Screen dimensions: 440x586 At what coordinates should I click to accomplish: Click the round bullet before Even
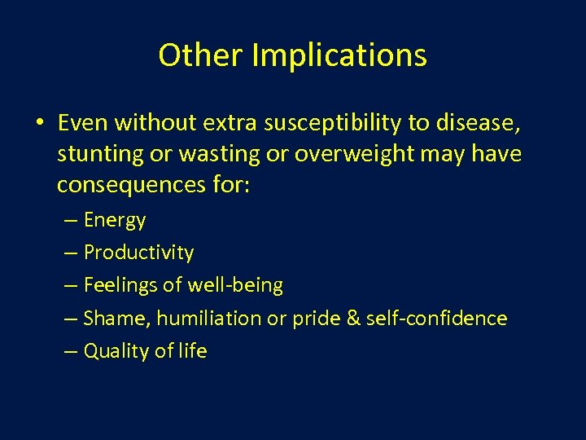click(40, 123)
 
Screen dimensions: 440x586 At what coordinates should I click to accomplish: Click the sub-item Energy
click(115, 221)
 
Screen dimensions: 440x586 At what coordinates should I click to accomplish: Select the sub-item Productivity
click(138, 253)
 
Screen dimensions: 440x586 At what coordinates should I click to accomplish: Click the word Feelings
click(120, 285)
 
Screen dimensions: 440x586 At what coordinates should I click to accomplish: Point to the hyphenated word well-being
click(235, 286)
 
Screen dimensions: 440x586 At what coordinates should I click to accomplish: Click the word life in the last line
click(193, 350)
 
